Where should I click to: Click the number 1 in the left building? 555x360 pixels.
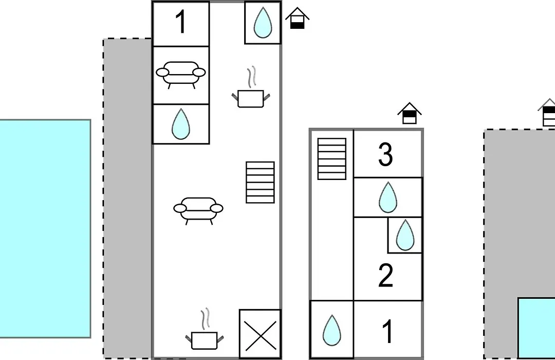pyautogui.click(x=181, y=22)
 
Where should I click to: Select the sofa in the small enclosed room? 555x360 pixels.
pyautogui.click(x=180, y=75)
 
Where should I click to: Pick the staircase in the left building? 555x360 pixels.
pyautogui.click(x=260, y=183)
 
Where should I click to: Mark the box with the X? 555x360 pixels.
pyautogui.click(x=260, y=334)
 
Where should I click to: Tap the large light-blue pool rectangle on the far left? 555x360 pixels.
pyautogui.click(x=45, y=228)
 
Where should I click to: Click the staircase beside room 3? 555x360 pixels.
pyautogui.click(x=331, y=159)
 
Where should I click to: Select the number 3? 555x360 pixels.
pyautogui.click(x=385, y=154)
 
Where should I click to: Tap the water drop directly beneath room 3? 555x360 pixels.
pyautogui.click(x=388, y=197)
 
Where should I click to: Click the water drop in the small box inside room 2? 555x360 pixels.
pyautogui.click(x=405, y=235)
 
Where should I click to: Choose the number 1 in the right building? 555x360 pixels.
pyautogui.click(x=388, y=331)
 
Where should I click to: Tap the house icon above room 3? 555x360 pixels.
pyautogui.click(x=410, y=113)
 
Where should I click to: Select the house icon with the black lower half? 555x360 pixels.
pyautogui.click(x=298, y=18)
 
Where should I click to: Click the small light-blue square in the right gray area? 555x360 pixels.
pyautogui.click(x=536, y=328)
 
